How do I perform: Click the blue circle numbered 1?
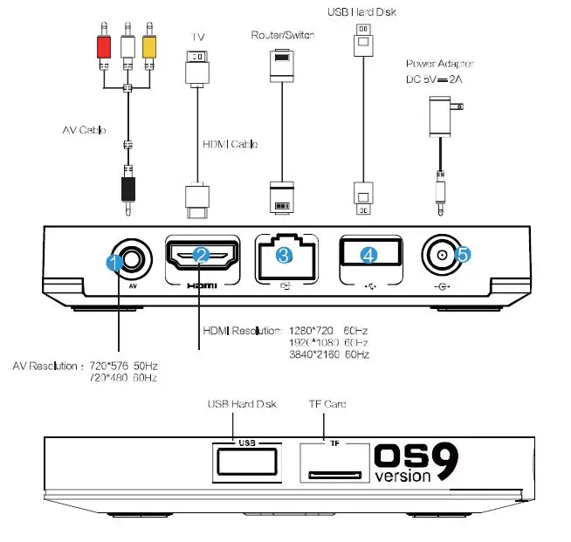[x=113, y=261]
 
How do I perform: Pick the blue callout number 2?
[x=201, y=255]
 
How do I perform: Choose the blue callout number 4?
[x=369, y=255]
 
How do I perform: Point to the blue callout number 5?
[x=462, y=254]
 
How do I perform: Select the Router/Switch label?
[x=283, y=35]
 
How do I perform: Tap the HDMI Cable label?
[x=230, y=144]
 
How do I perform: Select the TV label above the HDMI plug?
[x=197, y=38]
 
